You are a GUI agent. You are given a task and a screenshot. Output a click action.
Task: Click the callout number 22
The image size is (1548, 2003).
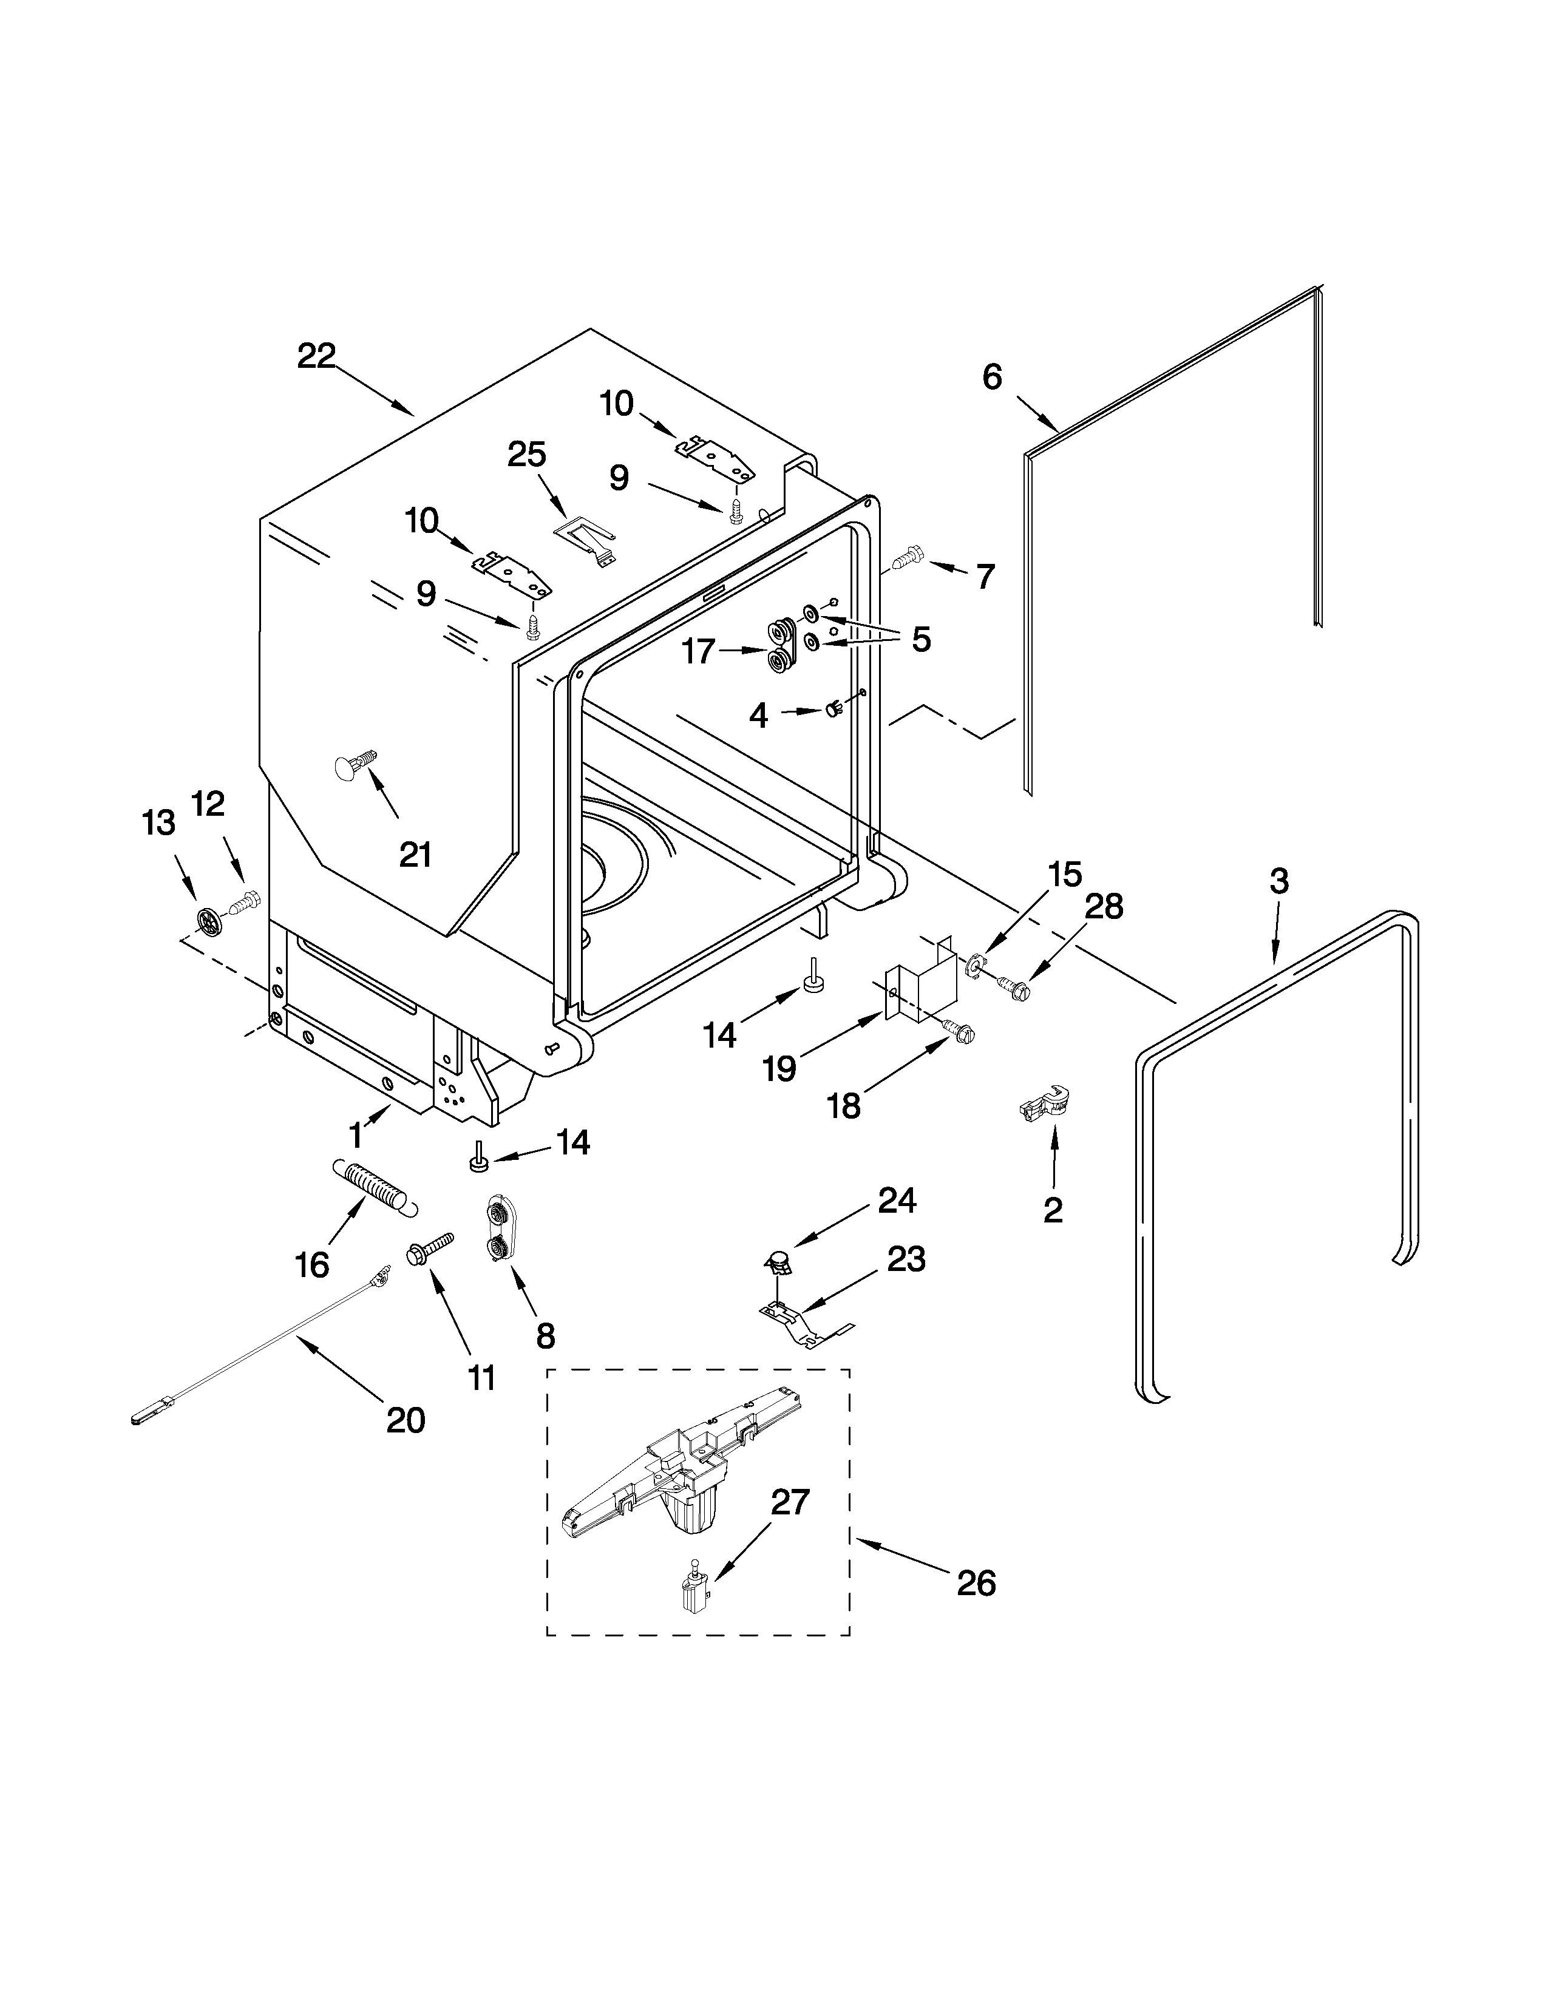[316, 356]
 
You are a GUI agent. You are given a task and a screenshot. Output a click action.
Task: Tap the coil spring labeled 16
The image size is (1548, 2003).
[372, 1187]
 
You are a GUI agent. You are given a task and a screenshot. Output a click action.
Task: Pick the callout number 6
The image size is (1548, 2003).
[993, 377]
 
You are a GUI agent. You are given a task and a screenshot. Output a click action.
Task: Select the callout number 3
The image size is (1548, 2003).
[1278, 881]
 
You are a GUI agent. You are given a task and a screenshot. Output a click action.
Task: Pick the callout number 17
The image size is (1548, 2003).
[699, 652]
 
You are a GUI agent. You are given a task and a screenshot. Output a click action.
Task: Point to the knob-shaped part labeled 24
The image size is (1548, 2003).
[779, 1265]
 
